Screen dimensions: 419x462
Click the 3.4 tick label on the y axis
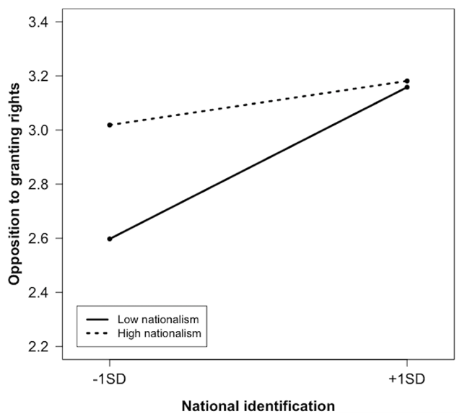tap(40, 22)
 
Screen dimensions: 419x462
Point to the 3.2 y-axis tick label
tap(40, 76)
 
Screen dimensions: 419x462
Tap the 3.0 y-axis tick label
tap(40, 131)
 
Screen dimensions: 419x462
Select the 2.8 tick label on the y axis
tap(40, 185)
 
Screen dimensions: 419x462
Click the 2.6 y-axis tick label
tap(40, 239)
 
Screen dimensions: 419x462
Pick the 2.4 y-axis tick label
tap(40, 293)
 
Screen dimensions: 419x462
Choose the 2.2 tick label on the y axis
tap(40, 347)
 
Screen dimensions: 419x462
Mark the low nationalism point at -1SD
tap(110, 239)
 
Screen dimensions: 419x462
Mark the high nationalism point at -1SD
tap(110, 125)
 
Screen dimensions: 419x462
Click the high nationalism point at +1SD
tap(407, 81)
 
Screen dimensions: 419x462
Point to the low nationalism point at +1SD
tap(407, 87)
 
